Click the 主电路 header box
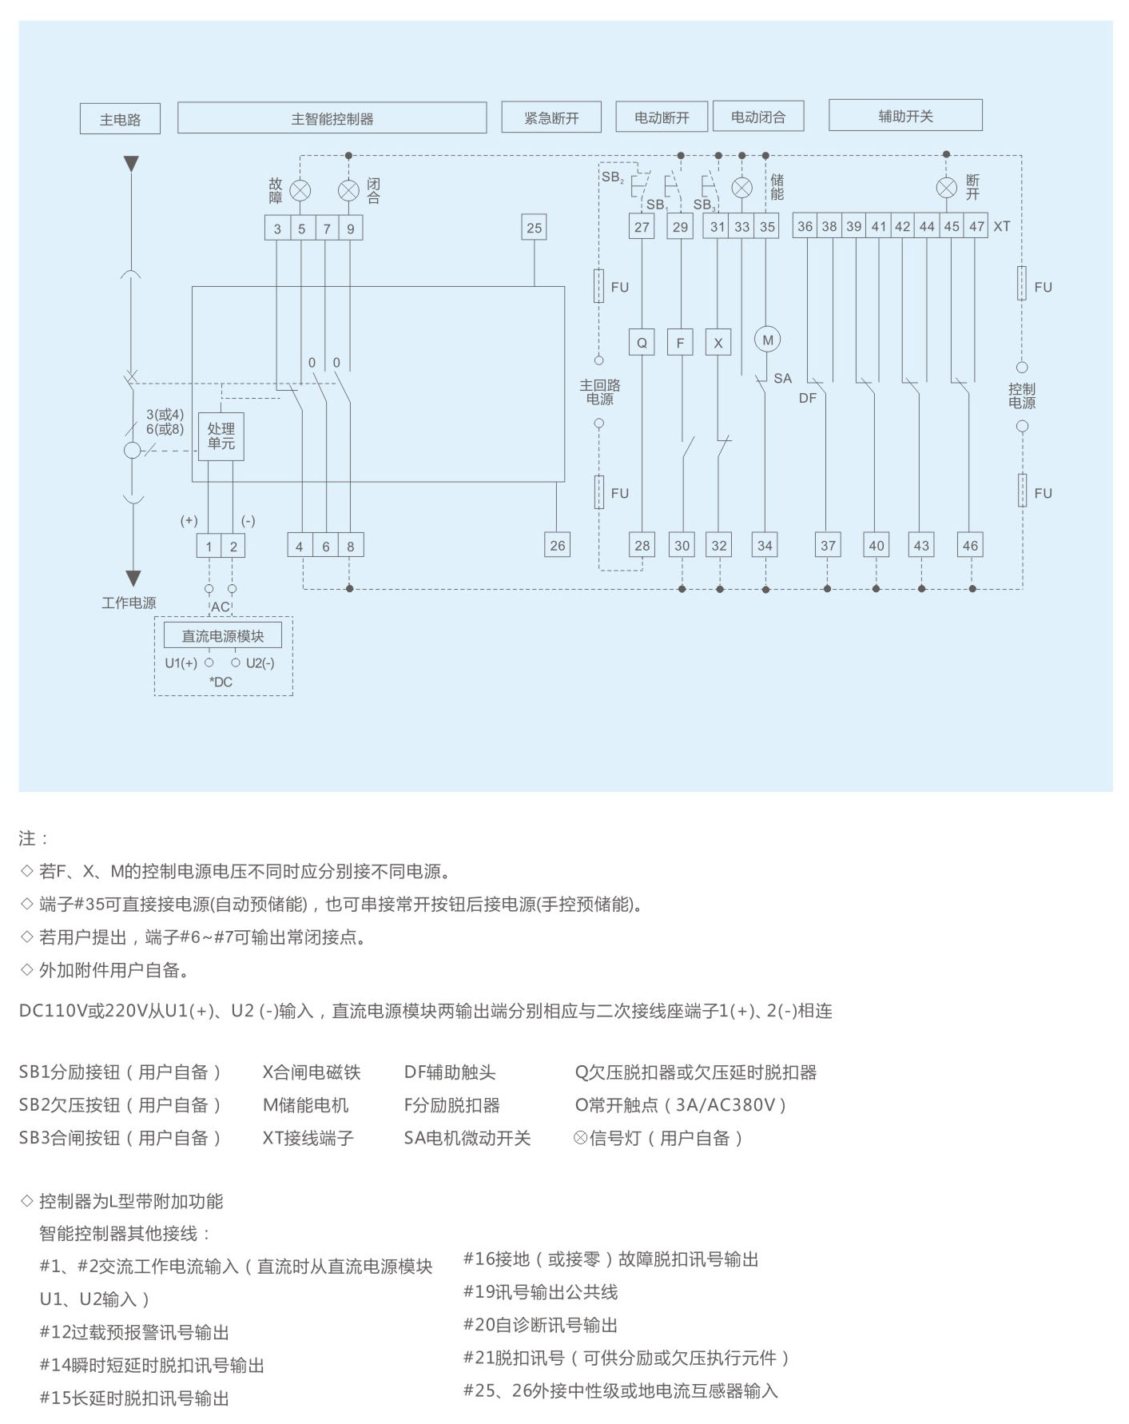click(120, 119)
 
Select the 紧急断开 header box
click(551, 117)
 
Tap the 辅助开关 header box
click(905, 116)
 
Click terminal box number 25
click(535, 228)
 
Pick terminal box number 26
click(557, 546)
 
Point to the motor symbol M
click(767, 340)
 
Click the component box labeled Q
click(642, 343)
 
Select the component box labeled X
click(718, 343)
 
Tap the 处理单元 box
click(221, 436)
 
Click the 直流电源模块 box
click(223, 636)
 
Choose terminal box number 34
click(765, 546)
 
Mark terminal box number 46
click(970, 546)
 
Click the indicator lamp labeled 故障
click(300, 191)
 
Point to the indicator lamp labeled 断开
click(946, 188)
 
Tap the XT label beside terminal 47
click(1002, 226)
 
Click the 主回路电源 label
click(600, 392)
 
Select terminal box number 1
click(209, 547)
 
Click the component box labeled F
click(680, 343)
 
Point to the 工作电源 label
click(129, 603)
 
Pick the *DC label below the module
click(221, 682)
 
